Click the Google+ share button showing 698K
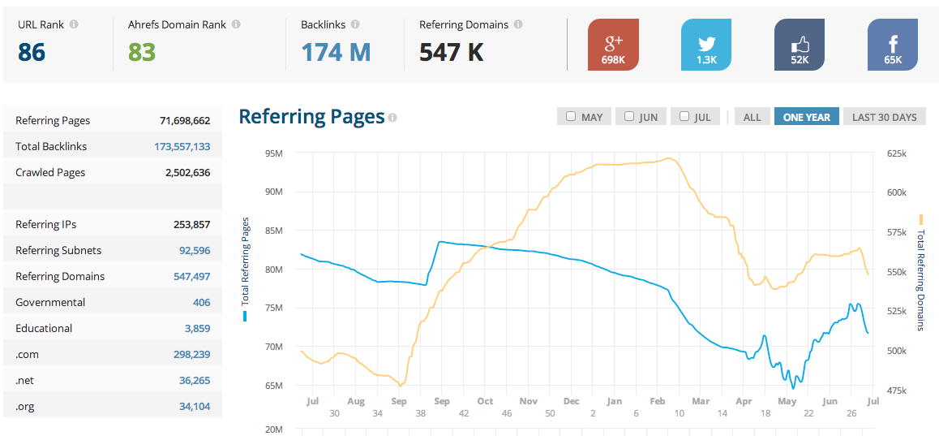613,45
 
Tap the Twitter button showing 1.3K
706,45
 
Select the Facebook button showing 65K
893,45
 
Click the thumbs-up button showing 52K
800,45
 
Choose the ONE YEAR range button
806,117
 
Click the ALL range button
752,117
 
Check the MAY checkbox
571,117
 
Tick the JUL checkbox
684,117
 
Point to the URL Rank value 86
32,53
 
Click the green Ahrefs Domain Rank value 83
142,53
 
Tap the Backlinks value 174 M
336,53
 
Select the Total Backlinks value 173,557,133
182,147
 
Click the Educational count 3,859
197,329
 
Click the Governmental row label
50,303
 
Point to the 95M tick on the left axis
272,153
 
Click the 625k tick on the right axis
897,153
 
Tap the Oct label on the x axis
485,401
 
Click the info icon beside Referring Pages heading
392,118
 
